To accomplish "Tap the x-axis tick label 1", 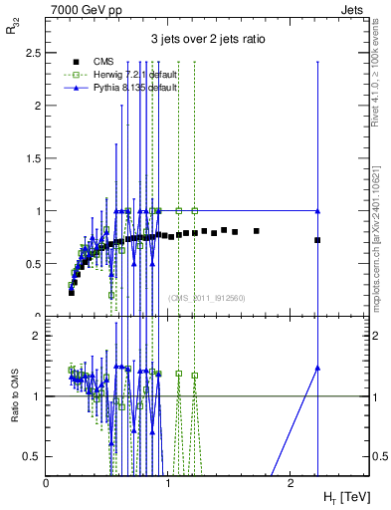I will pos(167,482).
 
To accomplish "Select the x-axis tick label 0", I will pos(47,482).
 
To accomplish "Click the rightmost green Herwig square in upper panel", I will pos(195,211).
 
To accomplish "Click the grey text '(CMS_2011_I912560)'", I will pos(206,298).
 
